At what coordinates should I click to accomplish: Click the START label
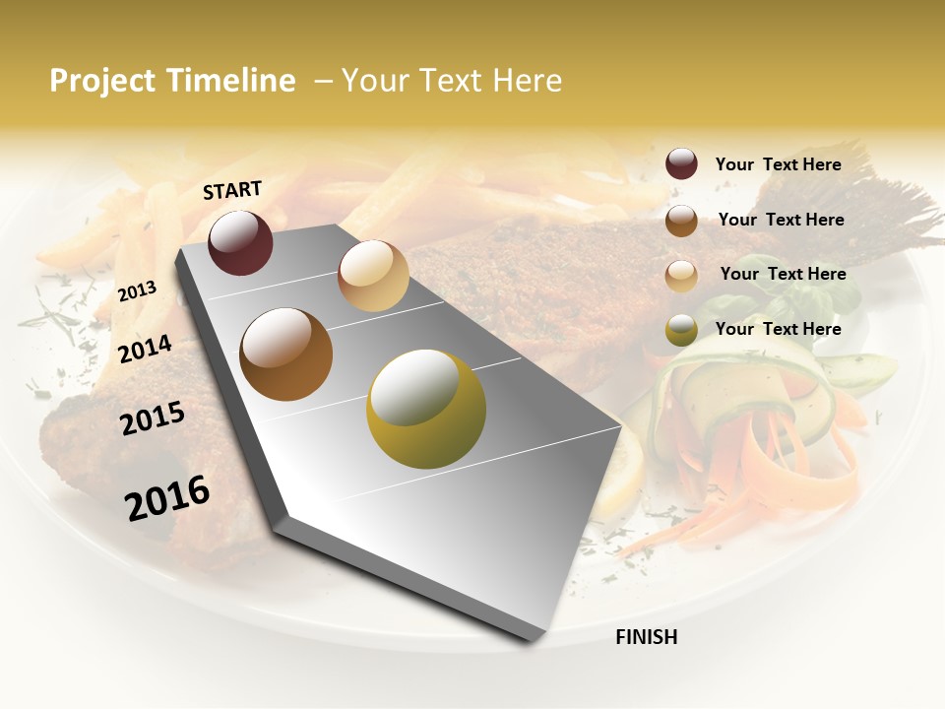pyautogui.click(x=232, y=190)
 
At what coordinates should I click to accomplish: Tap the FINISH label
pyautogui.click(x=646, y=637)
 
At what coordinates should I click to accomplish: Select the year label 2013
pyautogui.click(x=137, y=291)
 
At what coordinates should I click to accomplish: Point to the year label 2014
pyautogui.click(x=145, y=349)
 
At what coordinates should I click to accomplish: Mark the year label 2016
pyautogui.click(x=167, y=497)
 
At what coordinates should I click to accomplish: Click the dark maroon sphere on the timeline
pyautogui.click(x=240, y=242)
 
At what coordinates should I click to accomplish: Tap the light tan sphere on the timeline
pyautogui.click(x=373, y=276)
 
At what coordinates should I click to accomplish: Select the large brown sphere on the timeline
pyautogui.click(x=286, y=354)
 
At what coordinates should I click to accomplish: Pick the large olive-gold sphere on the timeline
pyautogui.click(x=426, y=409)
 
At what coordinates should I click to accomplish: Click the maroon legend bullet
pyautogui.click(x=681, y=164)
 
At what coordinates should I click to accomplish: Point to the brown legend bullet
pyautogui.click(x=681, y=221)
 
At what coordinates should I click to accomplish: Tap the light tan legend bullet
pyautogui.click(x=681, y=275)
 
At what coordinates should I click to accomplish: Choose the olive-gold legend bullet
pyautogui.click(x=681, y=330)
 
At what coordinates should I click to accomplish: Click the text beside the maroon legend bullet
pyautogui.click(x=778, y=164)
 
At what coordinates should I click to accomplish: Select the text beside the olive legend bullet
pyautogui.click(x=778, y=329)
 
